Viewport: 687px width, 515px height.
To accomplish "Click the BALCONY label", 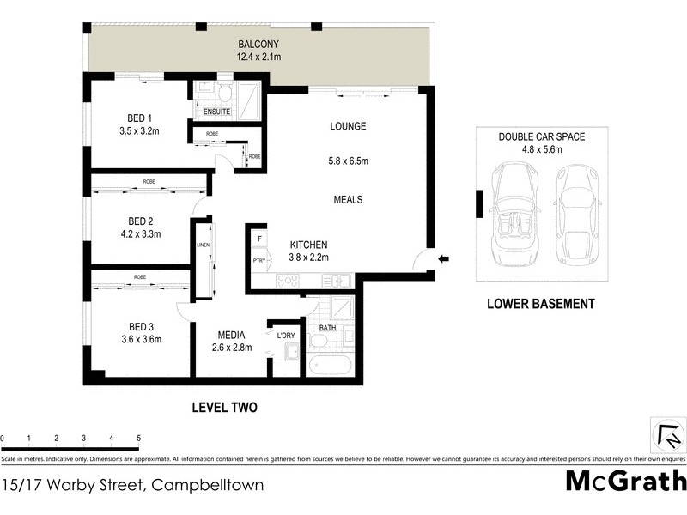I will click(x=258, y=45).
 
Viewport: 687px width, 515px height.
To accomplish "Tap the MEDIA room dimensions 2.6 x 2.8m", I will click(x=229, y=348).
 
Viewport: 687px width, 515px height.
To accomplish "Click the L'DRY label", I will click(x=286, y=335).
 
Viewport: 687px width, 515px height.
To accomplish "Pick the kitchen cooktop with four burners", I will click(x=287, y=280).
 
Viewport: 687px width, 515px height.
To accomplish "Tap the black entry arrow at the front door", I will click(x=443, y=258).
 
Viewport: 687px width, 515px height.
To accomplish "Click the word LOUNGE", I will click(x=348, y=126).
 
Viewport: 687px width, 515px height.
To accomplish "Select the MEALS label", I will click(x=348, y=199).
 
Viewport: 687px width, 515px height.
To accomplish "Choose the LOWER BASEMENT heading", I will click(x=540, y=303).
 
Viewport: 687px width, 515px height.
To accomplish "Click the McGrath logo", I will click(x=626, y=480).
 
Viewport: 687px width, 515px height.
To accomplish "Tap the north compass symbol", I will click(x=666, y=433).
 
